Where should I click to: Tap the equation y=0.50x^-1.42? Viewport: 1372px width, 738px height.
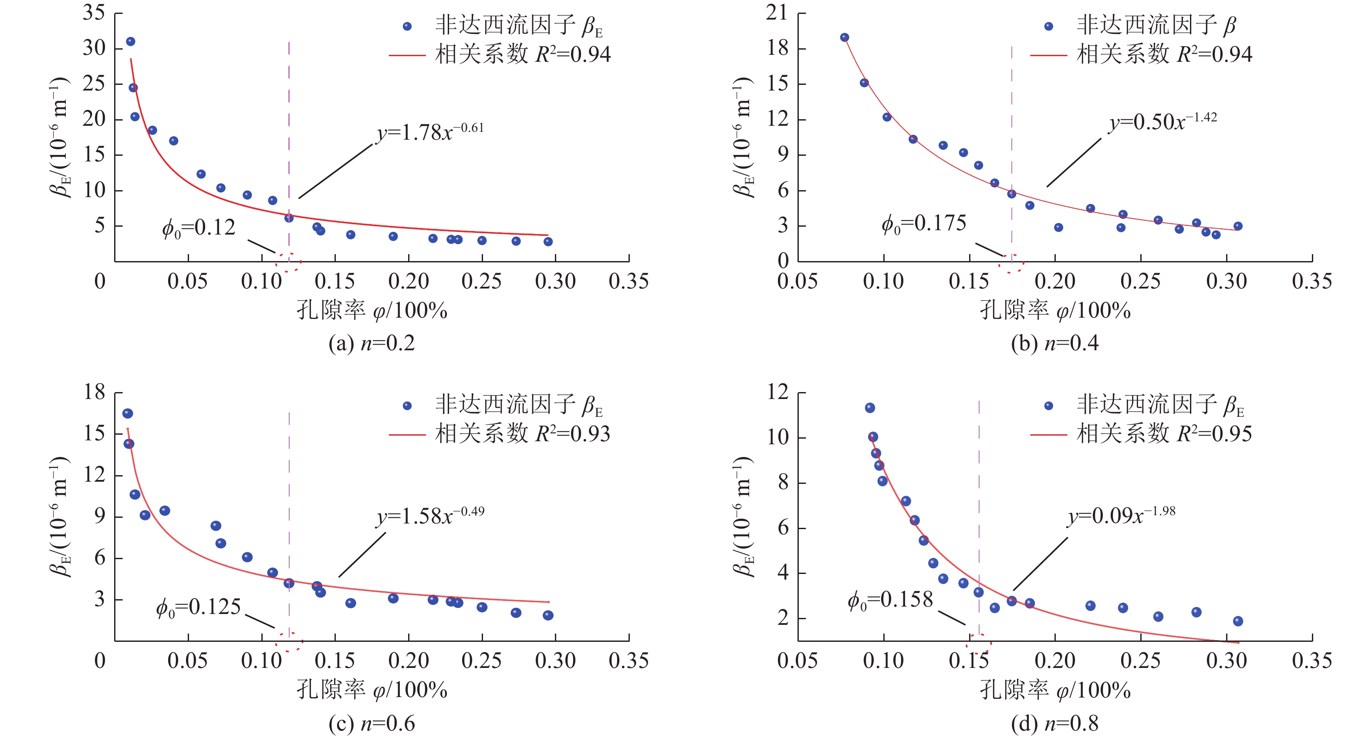pyautogui.click(x=1162, y=122)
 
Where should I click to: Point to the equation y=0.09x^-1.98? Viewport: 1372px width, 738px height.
pyautogui.click(x=1121, y=515)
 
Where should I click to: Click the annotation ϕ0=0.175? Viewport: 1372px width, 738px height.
pyautogui.click(x=923, y=224)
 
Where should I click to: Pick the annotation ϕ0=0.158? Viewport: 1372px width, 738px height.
pyautogui.click(x=890, y=600)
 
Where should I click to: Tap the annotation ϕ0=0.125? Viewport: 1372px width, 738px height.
pyautogui.click(x=198, y=607)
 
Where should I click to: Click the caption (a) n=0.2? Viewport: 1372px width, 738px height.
pyautogui.click(x=371, y=343)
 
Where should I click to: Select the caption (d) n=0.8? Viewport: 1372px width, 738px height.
pyautogui.click(x=1054, y=723)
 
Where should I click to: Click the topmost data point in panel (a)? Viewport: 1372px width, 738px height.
pyautogui.click(x=131, y=41)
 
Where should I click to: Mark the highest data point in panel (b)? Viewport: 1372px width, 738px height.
pyautogui.click(x=845, y=37)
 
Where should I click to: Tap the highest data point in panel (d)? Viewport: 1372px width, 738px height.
pyautogui.click(x=870, y=408)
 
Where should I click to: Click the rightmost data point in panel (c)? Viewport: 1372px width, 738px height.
pyautogui.click(x=548, y=615)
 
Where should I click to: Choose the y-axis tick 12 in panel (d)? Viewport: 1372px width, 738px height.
pyautogui.click(x=777, y=392)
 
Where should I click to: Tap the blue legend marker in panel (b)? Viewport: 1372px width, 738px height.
pyautogui.click(x=1049, y=26)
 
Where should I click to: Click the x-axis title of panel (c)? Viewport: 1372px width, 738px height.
pyautogui.click(x=371, y=690)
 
